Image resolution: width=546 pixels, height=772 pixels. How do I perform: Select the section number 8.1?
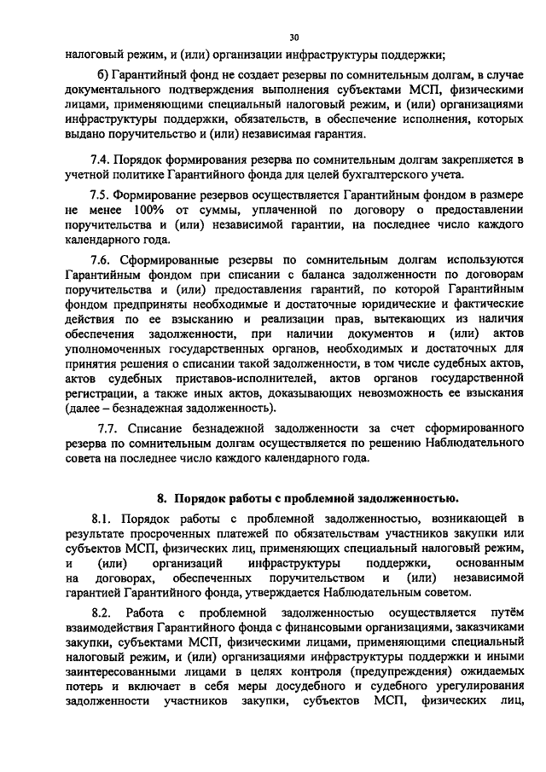[105, 519]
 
